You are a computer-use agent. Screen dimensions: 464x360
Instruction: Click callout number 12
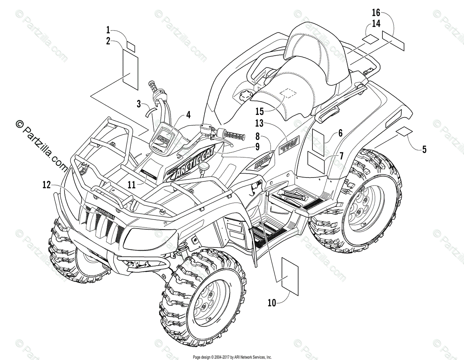[x=46, y=185]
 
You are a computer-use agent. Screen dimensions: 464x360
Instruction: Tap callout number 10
[x=272, y=303]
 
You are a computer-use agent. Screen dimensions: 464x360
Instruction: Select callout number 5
[x=424, y=150]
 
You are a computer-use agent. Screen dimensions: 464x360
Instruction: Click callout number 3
[x=138, y=103]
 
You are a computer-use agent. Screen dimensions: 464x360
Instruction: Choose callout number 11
[x=132, y=185]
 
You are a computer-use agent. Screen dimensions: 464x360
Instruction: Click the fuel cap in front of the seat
[x=242, y=95]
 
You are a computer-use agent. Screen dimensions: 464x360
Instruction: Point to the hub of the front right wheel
[x=204, y=302]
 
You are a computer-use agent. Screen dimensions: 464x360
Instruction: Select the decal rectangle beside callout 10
[x=290, y=275]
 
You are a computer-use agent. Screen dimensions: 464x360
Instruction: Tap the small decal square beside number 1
[x=131, y=47]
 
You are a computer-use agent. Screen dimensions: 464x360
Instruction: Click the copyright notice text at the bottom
[x=232, y=357]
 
